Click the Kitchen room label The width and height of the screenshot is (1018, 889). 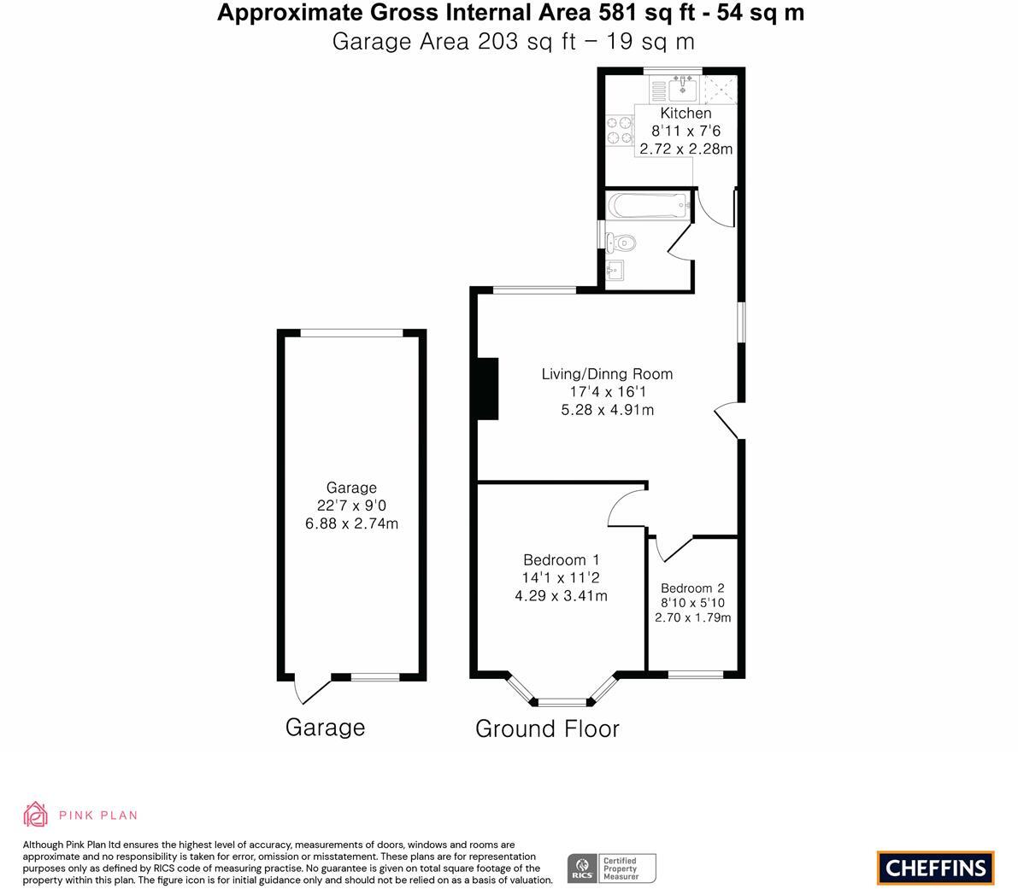[686, 114]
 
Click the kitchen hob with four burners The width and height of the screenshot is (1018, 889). [619, 130]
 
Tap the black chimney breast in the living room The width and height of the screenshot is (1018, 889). [487, 389]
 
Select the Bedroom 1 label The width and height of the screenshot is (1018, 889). [561, 560]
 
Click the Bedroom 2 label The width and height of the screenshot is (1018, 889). [692, 588]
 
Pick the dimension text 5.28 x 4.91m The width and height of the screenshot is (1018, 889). [607, 410]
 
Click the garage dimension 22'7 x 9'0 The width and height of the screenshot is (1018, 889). [351, 506]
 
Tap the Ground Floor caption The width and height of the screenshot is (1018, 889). [547, 728]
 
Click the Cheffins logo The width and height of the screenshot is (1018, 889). [935, 868]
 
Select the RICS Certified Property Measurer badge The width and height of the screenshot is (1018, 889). [612, 868]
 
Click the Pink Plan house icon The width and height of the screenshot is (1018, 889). [36, 815]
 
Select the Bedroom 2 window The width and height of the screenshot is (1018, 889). [695, 675]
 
